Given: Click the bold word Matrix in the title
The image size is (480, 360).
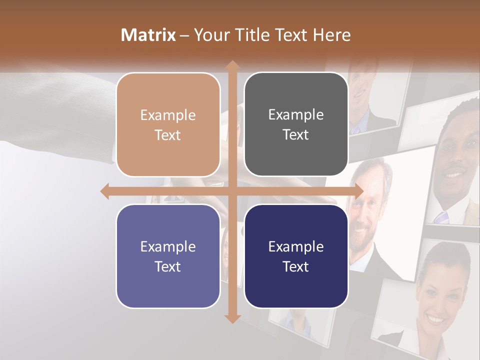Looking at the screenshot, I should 148,35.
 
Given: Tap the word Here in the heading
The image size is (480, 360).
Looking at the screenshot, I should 332,35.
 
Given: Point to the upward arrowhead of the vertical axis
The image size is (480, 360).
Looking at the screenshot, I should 232,65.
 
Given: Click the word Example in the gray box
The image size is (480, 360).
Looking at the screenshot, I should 296,115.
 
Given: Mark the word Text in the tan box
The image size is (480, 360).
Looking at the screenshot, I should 168,135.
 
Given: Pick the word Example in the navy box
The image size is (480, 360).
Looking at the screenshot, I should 296,246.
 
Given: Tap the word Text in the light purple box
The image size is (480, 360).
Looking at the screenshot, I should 168,266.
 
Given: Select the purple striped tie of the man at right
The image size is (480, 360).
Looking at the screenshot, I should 441,217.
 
